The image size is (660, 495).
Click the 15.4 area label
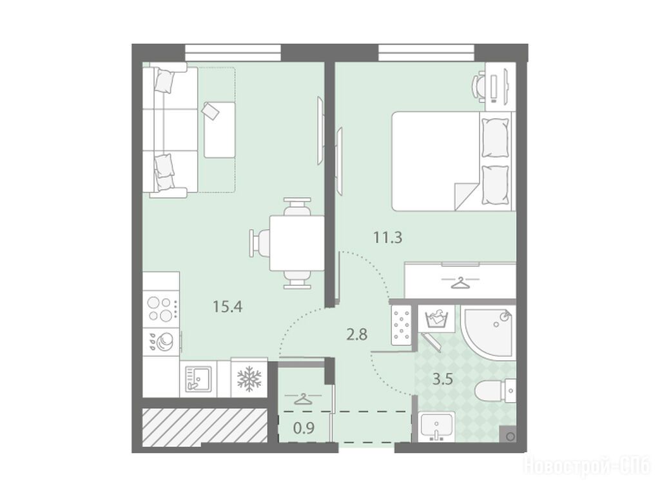pyautogui.click(x=228, y=307)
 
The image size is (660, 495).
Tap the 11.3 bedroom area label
pyautogui.click(x=387, y=237)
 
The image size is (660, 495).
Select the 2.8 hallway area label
pyautogui.click(x=357, y=335)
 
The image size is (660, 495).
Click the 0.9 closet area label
pyautogui.click(x=304, y=429)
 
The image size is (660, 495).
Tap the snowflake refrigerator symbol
pyautogui.click(x=249, y=378)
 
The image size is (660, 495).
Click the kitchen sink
pyautogui.click(x=199, y=379)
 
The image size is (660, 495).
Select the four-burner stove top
pyautogui.click(x=161, y=310)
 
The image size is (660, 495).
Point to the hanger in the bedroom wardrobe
pyautogui.click(x=460, y=282)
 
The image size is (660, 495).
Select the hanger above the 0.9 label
pyautogui.click(x=303, y=398)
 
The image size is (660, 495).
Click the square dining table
pyautogui.click(x=297, y=243)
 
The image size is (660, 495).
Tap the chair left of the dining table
pyautogui.click(x=259, y=243)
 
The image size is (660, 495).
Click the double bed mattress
pyautogui.click(x=436, y=161)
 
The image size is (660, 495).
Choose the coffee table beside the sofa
pyautogui.click(x=219, y=130)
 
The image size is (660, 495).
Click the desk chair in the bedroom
pyautogui.click(x=480, y=87)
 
